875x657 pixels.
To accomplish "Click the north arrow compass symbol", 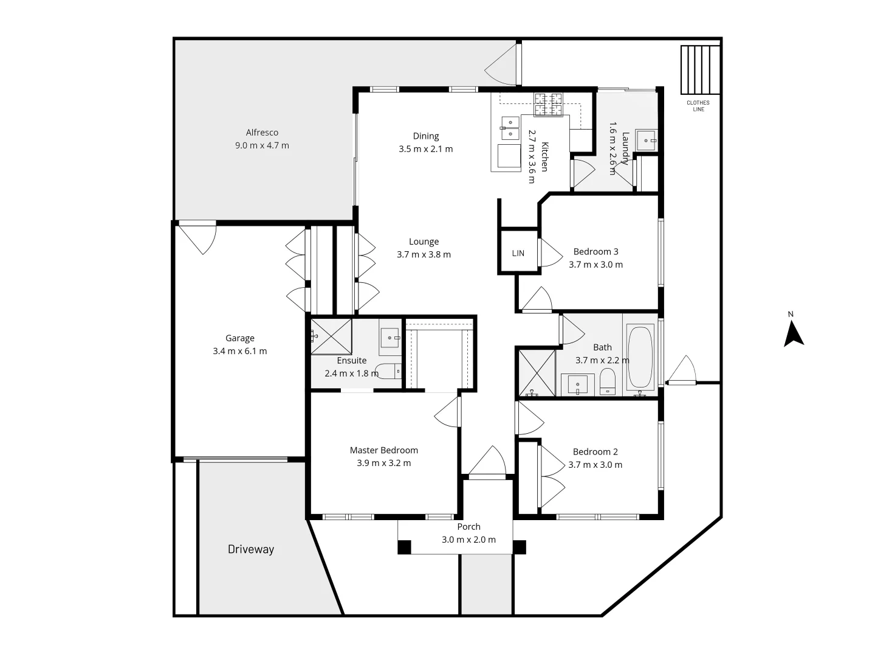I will click(x=793, y=334).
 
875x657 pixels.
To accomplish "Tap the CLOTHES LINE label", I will click(x=698, y=106).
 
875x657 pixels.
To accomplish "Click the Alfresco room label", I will click(x=262, y=133).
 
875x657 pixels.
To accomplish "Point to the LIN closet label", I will click(x=518, y=253).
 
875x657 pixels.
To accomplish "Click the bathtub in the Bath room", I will click(x=640, y=358).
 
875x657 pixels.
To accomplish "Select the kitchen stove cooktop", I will click(x=549, y=105).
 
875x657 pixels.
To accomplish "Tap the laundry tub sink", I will click(x=646, y=140).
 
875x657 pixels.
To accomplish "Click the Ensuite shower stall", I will click(x=331, y=336).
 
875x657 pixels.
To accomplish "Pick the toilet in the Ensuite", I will click(x=387, y=370).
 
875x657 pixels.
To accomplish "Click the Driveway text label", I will click(x=251, y=549).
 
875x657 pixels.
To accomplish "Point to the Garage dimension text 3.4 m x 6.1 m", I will click(x=240, y=351).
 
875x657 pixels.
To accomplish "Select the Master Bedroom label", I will click(x=383, y=450).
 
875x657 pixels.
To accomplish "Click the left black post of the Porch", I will click(x=404, y=547).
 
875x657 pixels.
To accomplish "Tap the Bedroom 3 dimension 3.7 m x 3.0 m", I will click(x=595, y=265).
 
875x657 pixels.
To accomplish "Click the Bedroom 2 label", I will click(x=595, y=451).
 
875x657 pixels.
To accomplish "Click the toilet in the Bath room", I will click(x=608, y=383).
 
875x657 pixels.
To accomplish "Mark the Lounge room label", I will click(x=424, y=242).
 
